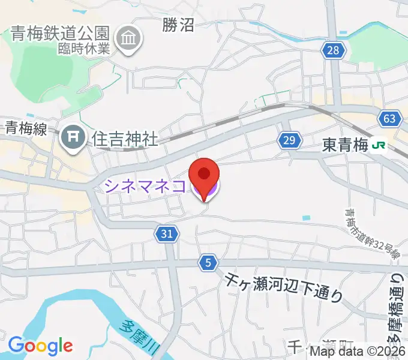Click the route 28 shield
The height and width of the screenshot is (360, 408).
(333, 50)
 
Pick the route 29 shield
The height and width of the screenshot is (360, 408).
(289, 140)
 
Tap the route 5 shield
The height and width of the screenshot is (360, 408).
(208, 262)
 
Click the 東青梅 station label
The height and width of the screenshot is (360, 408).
(344, 145)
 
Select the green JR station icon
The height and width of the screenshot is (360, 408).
(379, 145)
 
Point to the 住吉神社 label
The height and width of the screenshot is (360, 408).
(125, 139)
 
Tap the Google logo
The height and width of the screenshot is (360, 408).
(40, 346)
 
